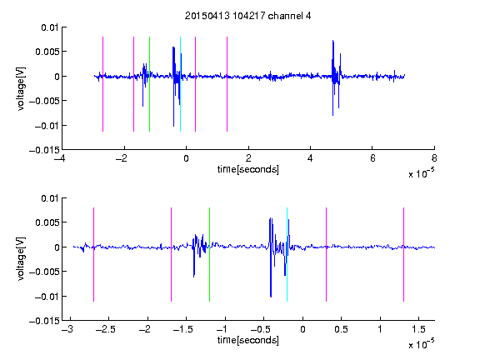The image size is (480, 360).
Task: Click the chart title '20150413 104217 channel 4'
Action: point(247,16)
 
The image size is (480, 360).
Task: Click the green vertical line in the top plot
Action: point(149,84)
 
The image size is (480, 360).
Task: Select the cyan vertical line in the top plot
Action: point(180,84)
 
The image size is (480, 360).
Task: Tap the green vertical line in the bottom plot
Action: point(209,255)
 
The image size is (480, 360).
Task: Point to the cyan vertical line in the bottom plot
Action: point(287,255)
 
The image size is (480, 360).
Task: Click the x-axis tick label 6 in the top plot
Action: point(372,158)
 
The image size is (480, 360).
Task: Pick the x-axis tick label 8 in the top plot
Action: point(434,158)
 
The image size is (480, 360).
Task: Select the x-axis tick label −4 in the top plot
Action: point(59,158)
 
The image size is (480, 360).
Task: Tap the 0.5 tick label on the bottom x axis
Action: point(341,329)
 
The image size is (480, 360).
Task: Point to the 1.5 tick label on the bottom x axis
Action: point(418,329)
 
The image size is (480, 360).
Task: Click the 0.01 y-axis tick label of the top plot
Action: point(50,27)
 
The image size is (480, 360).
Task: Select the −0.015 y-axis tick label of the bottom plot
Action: point(44,321)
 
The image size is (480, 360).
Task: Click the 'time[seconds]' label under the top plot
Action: point(248,169)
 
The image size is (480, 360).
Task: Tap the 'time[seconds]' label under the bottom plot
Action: point(248,340)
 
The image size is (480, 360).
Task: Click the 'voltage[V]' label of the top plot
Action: point(21,89)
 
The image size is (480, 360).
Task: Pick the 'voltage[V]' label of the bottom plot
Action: point(21,258)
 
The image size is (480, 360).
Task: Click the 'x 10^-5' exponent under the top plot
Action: point(421,173)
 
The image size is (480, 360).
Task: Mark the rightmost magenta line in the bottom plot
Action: point(403,255)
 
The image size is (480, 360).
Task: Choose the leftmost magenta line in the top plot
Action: point(102,84)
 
